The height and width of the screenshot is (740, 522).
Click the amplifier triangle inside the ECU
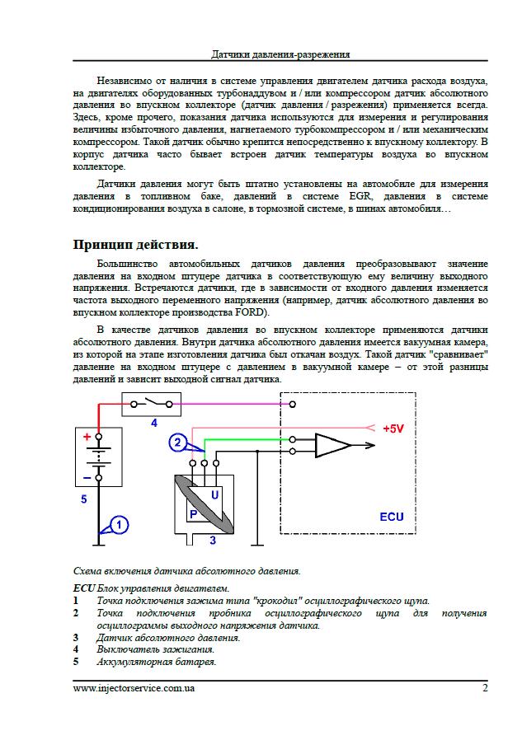[332, 446]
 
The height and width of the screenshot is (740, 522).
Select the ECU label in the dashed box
[392, 517]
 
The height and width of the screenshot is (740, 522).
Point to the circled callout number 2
[177, 443]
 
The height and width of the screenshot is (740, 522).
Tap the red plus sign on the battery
[86, 438]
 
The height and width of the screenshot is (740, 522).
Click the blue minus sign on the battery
[86, 476]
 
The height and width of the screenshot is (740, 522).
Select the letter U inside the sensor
[215, 494]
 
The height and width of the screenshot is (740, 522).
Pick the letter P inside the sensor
[193, 513]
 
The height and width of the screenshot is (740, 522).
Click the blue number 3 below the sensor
[213, 541]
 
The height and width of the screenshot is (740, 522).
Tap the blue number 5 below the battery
[83, 499]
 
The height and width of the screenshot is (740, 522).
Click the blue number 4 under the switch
[153, 421]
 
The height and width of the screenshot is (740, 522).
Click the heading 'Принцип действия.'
[135, 245]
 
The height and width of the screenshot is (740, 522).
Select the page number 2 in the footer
[486, 688]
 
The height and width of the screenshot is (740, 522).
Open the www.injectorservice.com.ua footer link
[134, 688]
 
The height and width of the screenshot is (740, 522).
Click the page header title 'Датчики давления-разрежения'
[281, 54]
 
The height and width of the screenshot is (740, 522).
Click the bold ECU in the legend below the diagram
[84, 588]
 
